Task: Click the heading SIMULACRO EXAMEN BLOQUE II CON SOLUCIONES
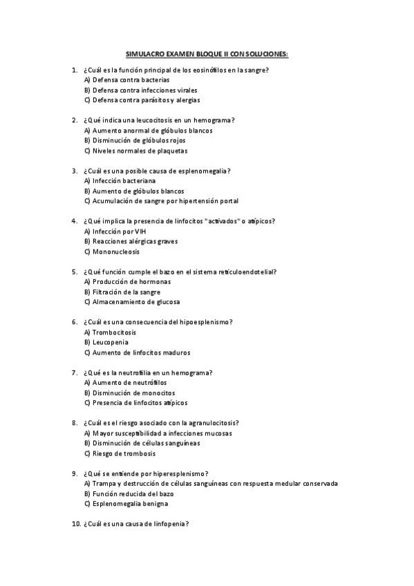coord(207,53)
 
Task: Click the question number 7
coord(74,372)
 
